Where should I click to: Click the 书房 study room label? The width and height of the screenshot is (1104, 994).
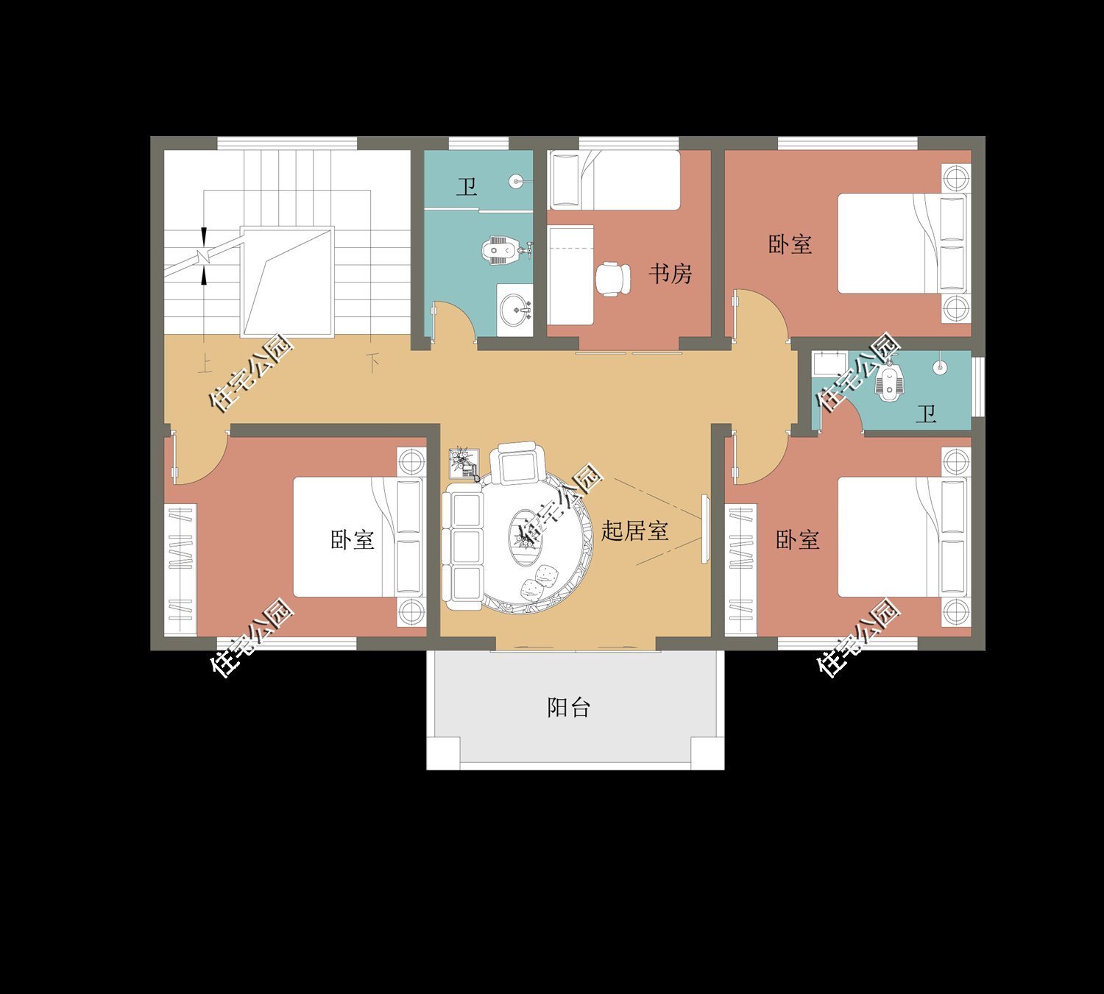(670, 274)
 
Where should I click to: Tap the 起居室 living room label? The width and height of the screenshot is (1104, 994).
(634, 530)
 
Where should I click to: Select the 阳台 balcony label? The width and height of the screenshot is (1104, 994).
(568, 707)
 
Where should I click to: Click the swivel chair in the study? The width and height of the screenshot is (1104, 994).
(613, 280)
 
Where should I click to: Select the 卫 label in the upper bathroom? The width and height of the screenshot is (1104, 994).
(467, 187)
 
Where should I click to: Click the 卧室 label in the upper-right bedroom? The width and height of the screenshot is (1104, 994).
(790, 244)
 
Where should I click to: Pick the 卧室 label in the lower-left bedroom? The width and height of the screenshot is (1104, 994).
(353, 540)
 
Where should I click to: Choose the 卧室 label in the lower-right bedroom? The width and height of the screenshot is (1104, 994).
(797, 540)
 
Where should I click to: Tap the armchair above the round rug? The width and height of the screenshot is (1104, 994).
(517, 464)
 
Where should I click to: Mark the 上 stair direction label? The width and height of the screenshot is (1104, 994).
(205, 364)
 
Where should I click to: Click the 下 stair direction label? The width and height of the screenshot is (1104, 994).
(373, 363)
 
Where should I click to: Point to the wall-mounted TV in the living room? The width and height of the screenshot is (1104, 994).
(705, 529)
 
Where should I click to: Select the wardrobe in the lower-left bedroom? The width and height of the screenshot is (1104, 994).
(180, 569)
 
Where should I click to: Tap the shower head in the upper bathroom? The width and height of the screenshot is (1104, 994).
(516, 181)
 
